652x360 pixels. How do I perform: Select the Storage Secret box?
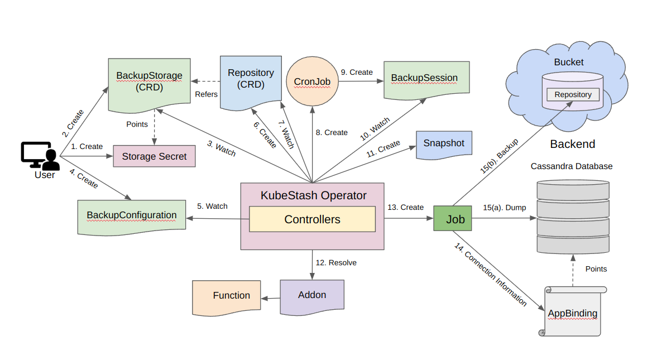154,156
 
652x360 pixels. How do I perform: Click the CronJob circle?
312,81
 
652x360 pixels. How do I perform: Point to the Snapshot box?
444,143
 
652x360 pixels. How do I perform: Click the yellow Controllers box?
312,219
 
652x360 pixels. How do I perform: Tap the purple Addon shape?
311,295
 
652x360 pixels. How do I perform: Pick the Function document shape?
231,296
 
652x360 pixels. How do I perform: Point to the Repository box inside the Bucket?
573,94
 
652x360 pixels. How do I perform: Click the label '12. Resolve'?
336,262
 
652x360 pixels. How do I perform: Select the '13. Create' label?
405,207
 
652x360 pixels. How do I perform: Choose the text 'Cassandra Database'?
571,166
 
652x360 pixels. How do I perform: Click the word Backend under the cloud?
572,144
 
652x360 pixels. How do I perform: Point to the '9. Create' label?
356,73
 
